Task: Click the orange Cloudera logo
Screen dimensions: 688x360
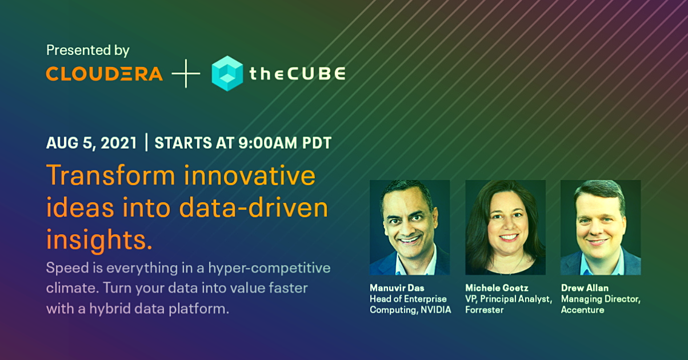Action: [104, 74]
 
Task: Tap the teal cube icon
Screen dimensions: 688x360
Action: [227, 73]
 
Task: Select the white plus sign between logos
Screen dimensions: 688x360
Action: [186, 73]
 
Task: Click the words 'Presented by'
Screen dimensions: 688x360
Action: [88, 50]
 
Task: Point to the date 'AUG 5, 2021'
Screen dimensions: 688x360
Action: [91, 143]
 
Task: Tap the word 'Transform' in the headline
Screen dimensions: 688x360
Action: [111, 175]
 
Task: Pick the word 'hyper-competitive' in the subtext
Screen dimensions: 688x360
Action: [269, 268]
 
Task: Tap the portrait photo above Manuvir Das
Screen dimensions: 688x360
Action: [410, 227]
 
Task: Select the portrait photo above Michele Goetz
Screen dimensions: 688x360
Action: [506, 227]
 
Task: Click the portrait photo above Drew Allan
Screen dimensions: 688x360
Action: [601, 227]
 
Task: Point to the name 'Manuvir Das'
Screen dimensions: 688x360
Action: [397, 288]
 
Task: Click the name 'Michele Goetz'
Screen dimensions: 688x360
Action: [497, 288]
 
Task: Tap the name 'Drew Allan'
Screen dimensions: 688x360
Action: [585, 288]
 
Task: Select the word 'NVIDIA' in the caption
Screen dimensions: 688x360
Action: [436, 310]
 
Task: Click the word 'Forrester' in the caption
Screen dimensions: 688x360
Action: [485, 310]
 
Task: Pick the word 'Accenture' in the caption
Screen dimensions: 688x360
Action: [583, 310]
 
